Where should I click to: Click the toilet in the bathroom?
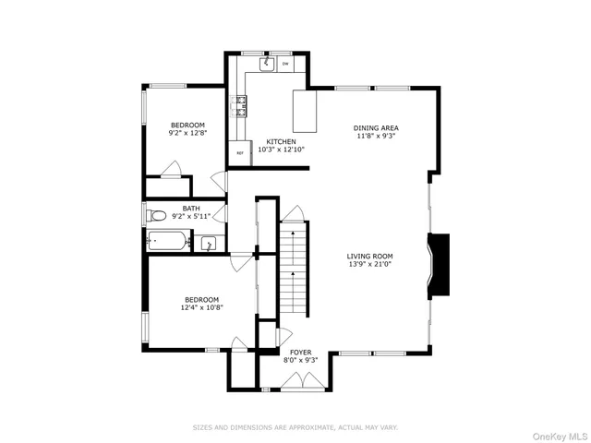click(x=157, y=217)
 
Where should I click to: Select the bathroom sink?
click(x=209, y=244)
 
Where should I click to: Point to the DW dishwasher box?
click(x=285, y=65)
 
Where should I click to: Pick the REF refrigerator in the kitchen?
click(x=240, y=153)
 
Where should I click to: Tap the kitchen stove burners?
click(x=243, y=106)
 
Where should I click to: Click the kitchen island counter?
click(x=305, y=111)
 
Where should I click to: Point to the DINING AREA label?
click(x=376, y=127)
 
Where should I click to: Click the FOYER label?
click(x=301, y=353)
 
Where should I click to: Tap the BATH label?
click(x=190, y=209)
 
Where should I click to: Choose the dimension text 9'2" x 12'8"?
click(x=187, y=133)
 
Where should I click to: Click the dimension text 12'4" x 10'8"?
click(x=201, y=308)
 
